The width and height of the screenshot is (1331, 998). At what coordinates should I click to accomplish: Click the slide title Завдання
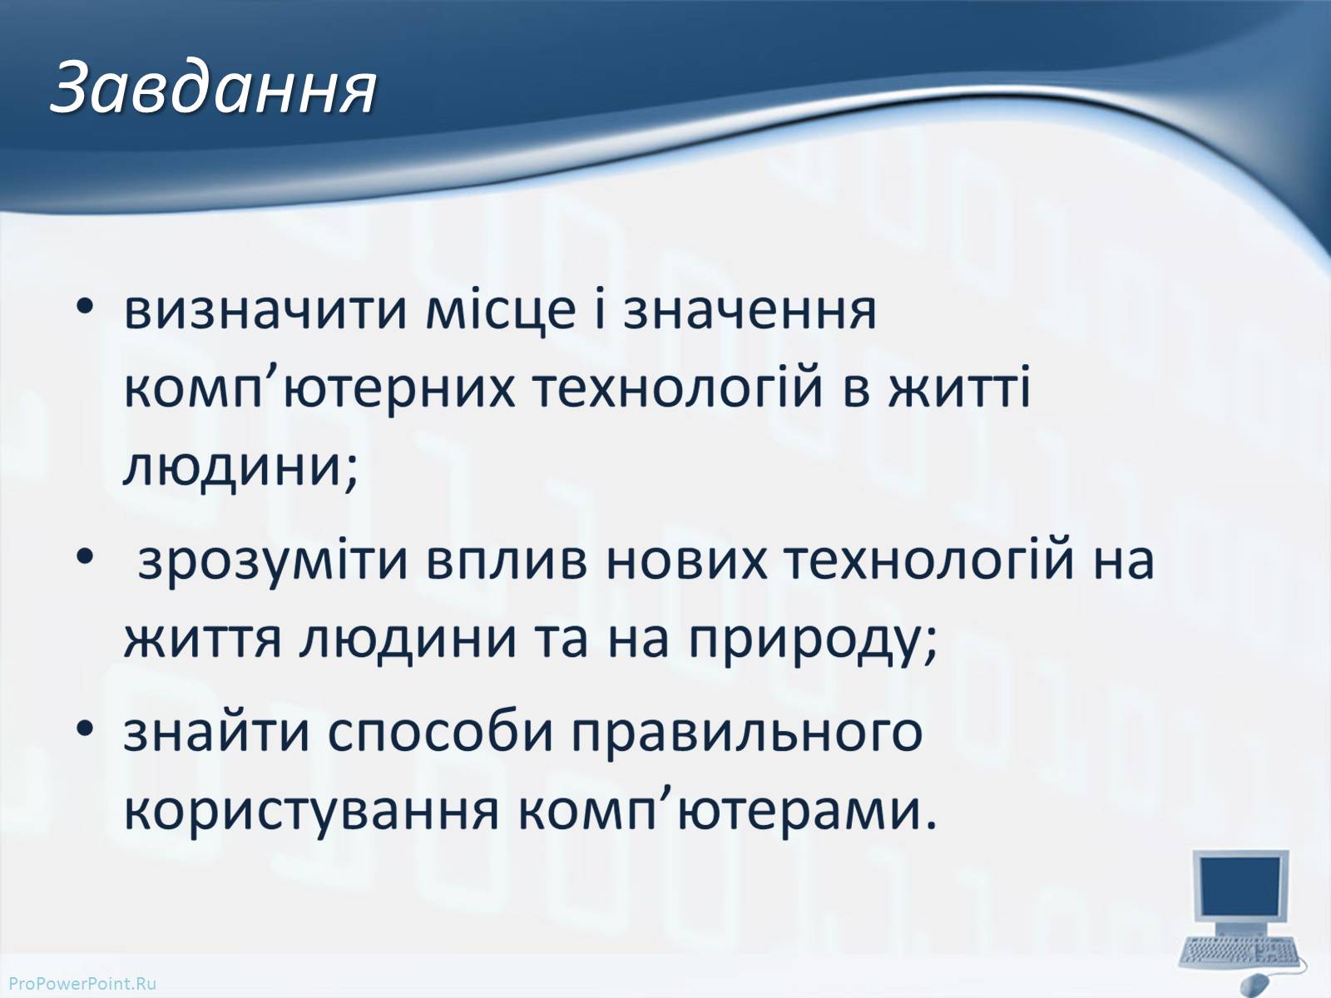coord(214,88)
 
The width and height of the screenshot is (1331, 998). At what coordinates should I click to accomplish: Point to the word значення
coord(750,313)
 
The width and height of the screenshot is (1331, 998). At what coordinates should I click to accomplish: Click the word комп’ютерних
coord(319,388)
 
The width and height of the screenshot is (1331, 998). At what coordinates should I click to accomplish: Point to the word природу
coord(804,642)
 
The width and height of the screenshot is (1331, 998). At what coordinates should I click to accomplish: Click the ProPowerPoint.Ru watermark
coord(83,984)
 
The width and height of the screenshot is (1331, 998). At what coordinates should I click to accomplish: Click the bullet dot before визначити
coord(85,307)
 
